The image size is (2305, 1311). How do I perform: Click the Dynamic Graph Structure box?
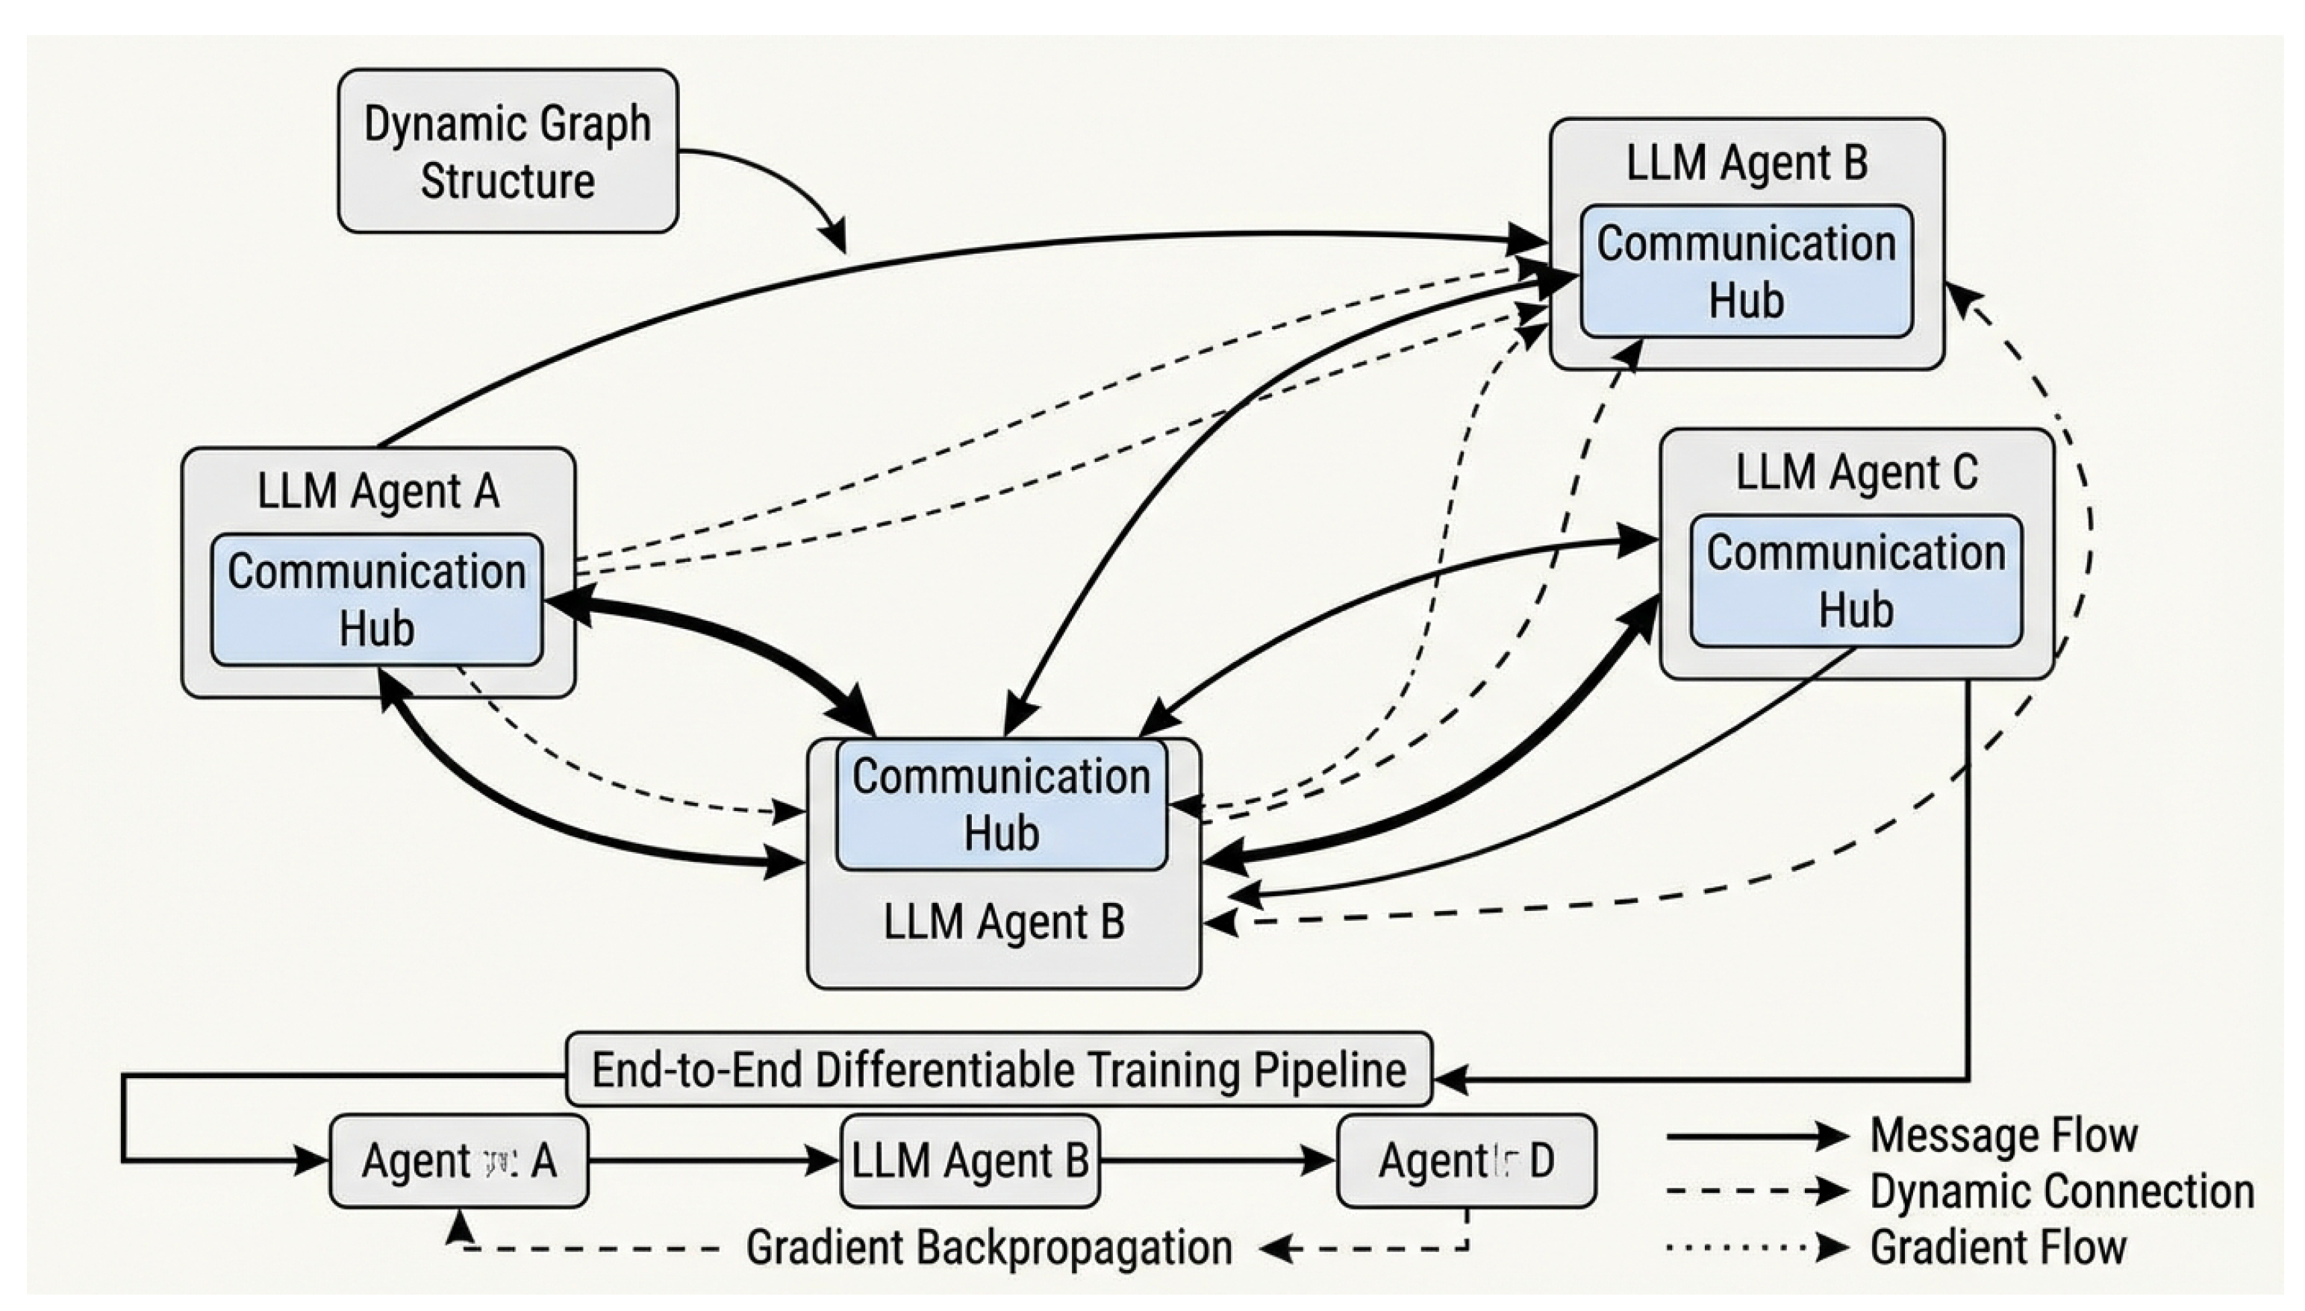click(x=507, y=151)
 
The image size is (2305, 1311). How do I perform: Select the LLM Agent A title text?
click(x=378, y=492)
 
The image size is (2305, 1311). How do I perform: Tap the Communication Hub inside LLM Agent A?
click(x=376, y=600)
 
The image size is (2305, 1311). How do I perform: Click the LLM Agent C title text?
click(x=1856, y=473)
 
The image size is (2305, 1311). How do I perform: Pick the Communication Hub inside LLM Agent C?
click(x=1856, y=581)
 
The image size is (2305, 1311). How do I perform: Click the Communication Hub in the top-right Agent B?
click(x=1746, y=272)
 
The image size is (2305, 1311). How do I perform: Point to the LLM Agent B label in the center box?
click(x=1003, y=923)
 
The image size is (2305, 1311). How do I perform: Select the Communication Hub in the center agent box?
click(x=1002, y=804)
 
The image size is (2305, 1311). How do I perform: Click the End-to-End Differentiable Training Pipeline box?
click(x=998, y=1070)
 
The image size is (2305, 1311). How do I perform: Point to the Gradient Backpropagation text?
click(x=989, y=1248)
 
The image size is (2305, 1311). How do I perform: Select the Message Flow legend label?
click(x=2003, y=1136)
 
